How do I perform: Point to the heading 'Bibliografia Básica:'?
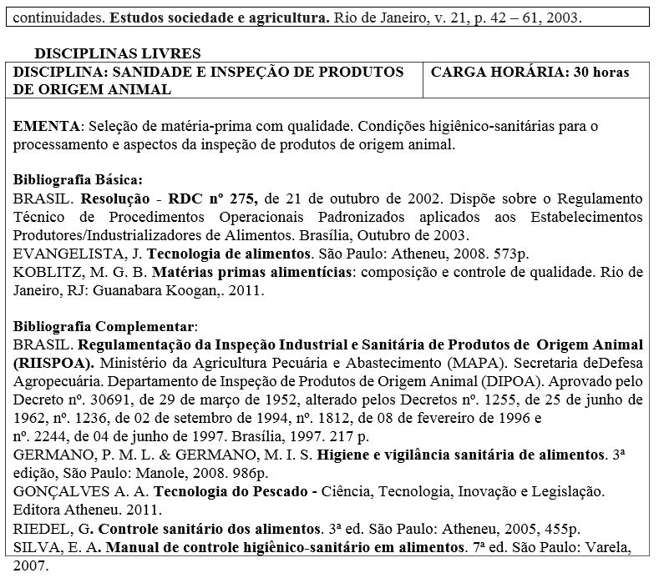(79, 179)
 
